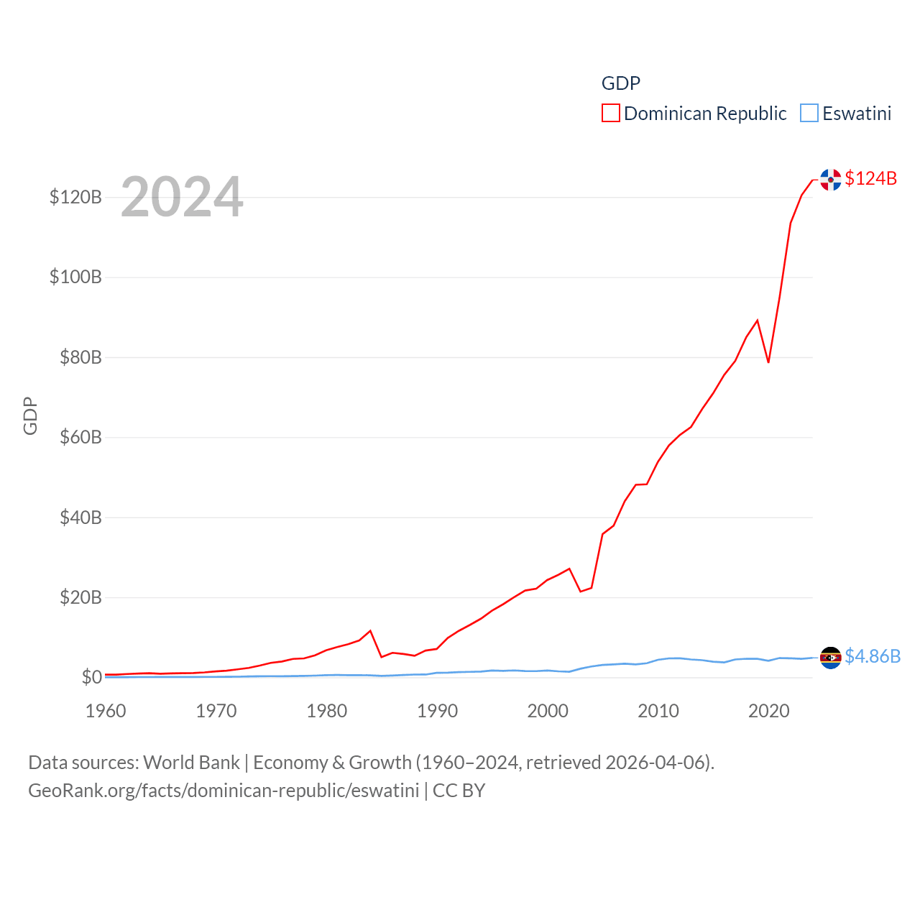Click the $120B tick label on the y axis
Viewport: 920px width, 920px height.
point(75,197)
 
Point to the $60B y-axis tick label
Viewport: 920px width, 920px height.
point(80,437)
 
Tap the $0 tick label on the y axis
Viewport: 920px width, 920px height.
point(91,677)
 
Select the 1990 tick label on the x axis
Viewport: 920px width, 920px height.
point(437,711)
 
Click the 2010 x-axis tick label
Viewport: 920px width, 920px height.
point(658,711)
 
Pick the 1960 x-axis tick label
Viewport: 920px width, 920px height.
point(106,711)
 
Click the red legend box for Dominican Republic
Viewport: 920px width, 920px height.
point(611,114)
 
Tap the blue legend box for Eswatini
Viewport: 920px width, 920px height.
point(809,114)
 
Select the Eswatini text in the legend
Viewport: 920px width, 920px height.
point(857,114)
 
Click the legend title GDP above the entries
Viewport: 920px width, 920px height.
point(620,83)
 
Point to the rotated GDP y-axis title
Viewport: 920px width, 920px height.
point(30,415)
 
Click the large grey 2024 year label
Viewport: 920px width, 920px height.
point(182,197)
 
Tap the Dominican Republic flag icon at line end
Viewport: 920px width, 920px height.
point(830,180)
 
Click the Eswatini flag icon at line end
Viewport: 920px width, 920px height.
point(830,658)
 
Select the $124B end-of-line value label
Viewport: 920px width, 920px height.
point(870,178)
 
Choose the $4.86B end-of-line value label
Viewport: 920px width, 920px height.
point(873,656)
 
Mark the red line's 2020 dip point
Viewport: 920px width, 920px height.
point(768,362)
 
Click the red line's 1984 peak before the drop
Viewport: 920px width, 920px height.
point(370,631)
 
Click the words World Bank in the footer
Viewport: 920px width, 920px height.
point(192,762)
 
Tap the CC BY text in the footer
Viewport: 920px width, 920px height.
point(459,791)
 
